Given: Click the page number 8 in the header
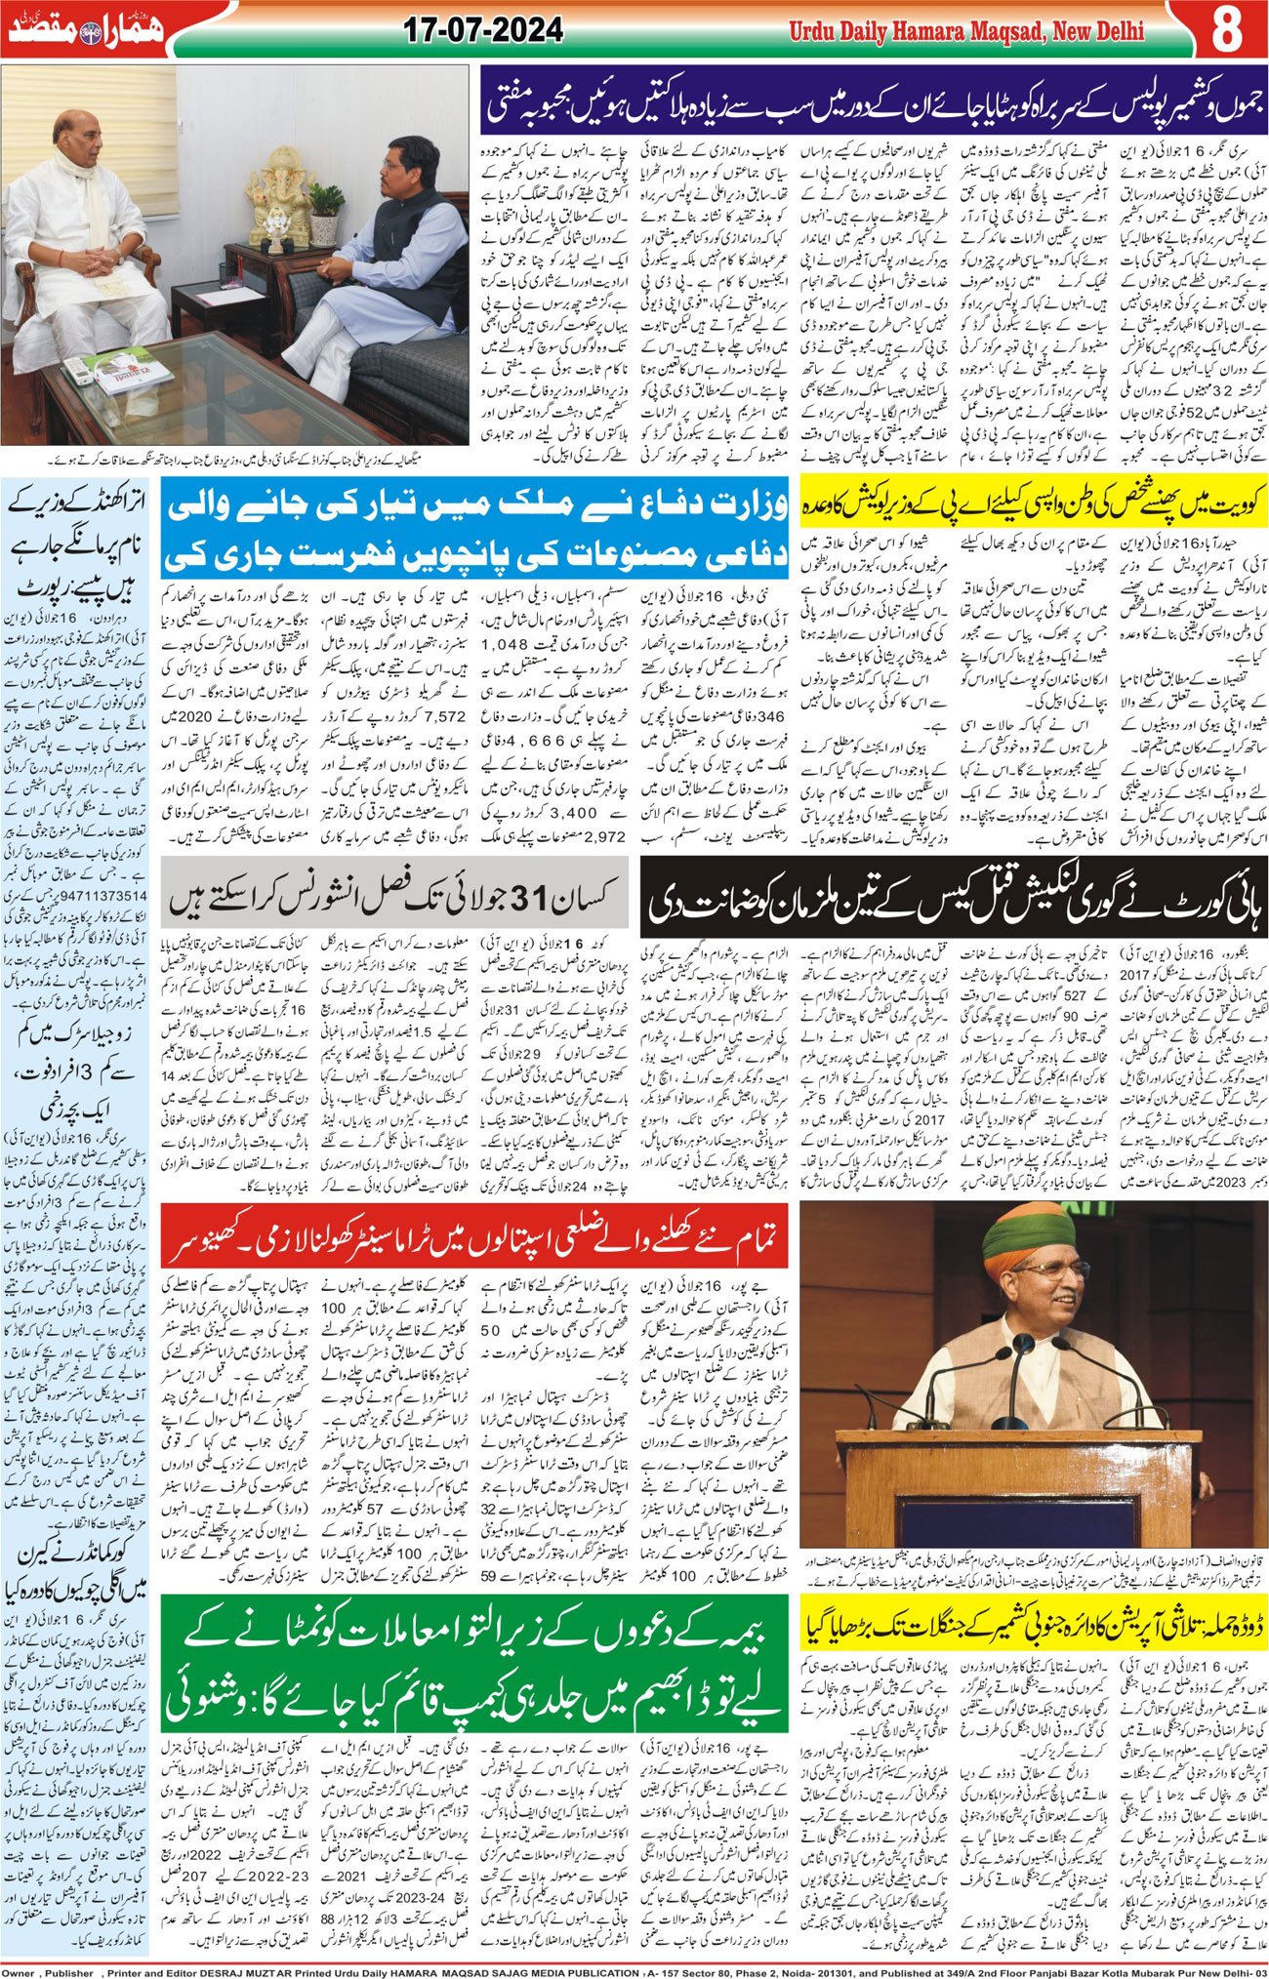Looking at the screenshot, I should coord(1227,29).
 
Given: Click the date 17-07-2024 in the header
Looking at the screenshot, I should coord(484,31).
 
